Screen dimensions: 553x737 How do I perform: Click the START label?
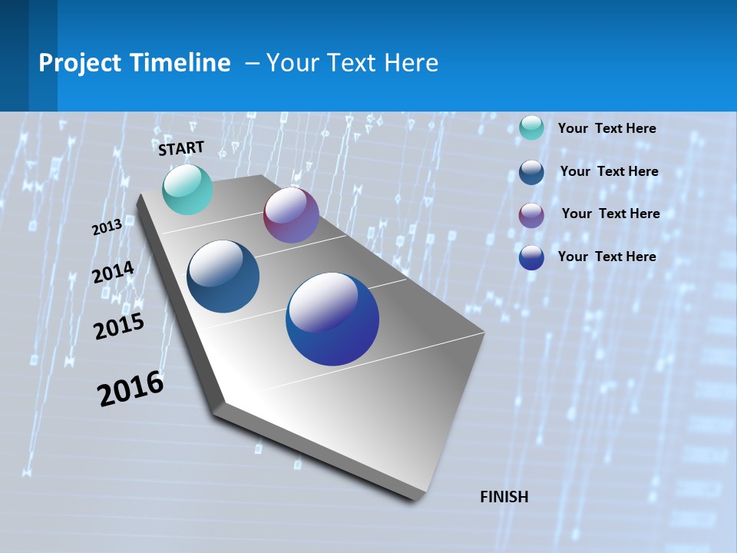[x=181, y=148]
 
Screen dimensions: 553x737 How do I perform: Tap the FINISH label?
[x=504, y=497]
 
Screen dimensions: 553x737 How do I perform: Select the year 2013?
[x=107, y=227]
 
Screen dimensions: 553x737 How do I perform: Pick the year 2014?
[x=113, y=272]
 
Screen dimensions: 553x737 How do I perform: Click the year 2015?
[x=119, y=326]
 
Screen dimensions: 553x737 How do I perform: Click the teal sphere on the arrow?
[x=187, y=190]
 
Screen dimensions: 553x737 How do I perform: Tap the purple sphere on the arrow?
[x=291, y=216]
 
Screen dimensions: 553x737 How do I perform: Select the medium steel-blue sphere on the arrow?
[x=223, y=276]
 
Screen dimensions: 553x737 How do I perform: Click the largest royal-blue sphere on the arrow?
[x=332, y=319]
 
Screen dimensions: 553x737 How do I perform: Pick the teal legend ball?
[x=531, y=127]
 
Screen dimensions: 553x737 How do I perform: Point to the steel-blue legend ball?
[x=531, y=172]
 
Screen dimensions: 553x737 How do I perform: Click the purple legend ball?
[x=531, y=215]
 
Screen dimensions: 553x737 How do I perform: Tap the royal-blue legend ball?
[x=531, y=257]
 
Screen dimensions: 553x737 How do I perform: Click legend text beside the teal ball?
[x=606, y=128]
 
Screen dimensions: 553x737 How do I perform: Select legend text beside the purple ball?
[x=610, y=214]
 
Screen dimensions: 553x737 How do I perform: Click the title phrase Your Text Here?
[x=352, y=63]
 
